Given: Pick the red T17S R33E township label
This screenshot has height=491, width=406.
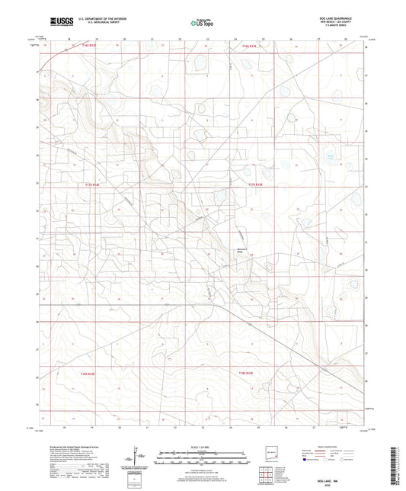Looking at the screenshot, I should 254,184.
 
